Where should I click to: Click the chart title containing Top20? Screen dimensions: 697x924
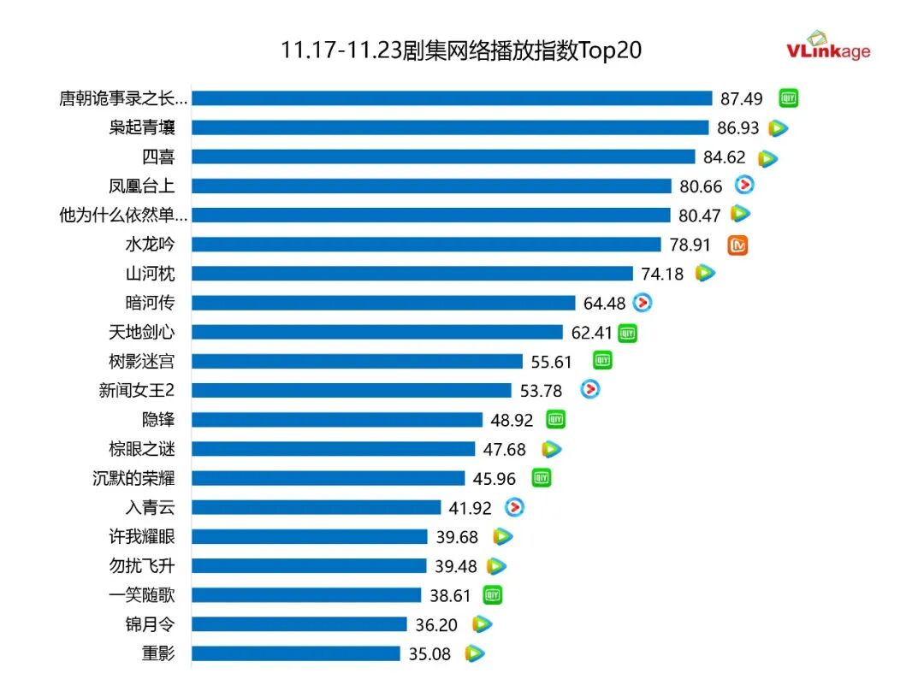pos(461,50)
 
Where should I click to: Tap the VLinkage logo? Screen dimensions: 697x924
pos(827,46)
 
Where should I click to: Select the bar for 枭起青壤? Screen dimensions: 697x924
pos(450,127)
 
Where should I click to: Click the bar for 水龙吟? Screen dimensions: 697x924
pos(426,245)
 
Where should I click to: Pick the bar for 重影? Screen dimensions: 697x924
pos(295,653)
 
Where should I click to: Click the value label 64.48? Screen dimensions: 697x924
pos(605,303)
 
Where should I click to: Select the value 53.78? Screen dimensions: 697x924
pos(542,391)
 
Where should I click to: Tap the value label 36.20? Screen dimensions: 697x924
pos(436,625)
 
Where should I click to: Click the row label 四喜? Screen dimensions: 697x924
pos(158,157)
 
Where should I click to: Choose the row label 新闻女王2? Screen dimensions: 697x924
pos(137,391)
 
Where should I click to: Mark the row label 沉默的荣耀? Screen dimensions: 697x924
pos(133,478)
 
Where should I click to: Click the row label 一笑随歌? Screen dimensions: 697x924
pos(142,595)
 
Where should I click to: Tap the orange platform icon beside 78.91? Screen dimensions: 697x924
pos(737,245)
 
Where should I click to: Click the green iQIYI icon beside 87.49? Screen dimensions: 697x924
pos(788,98)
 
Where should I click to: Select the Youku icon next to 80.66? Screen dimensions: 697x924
pos(744,185)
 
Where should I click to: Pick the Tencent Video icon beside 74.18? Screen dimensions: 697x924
pos(705,274)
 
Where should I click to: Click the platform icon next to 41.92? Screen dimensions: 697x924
pos(513,507)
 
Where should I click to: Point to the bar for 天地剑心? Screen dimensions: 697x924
pos(377,332)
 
